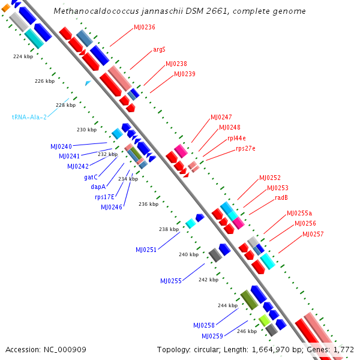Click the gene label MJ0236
tap(144, 27)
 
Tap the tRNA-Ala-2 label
tap(29, 117)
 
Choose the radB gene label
tap(282, 197)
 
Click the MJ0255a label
tap(299, 213)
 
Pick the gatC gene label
tap(91, 177)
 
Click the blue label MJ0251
tap(146, 250)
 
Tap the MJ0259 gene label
tap(212, 336)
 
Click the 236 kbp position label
tap(148, 204)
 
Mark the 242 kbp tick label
tap(208, 280)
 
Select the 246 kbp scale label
tap(247, 331)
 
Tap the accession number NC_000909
tap(65, 349)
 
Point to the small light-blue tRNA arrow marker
tap(88, 83)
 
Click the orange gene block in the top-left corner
tap(4, 7)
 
